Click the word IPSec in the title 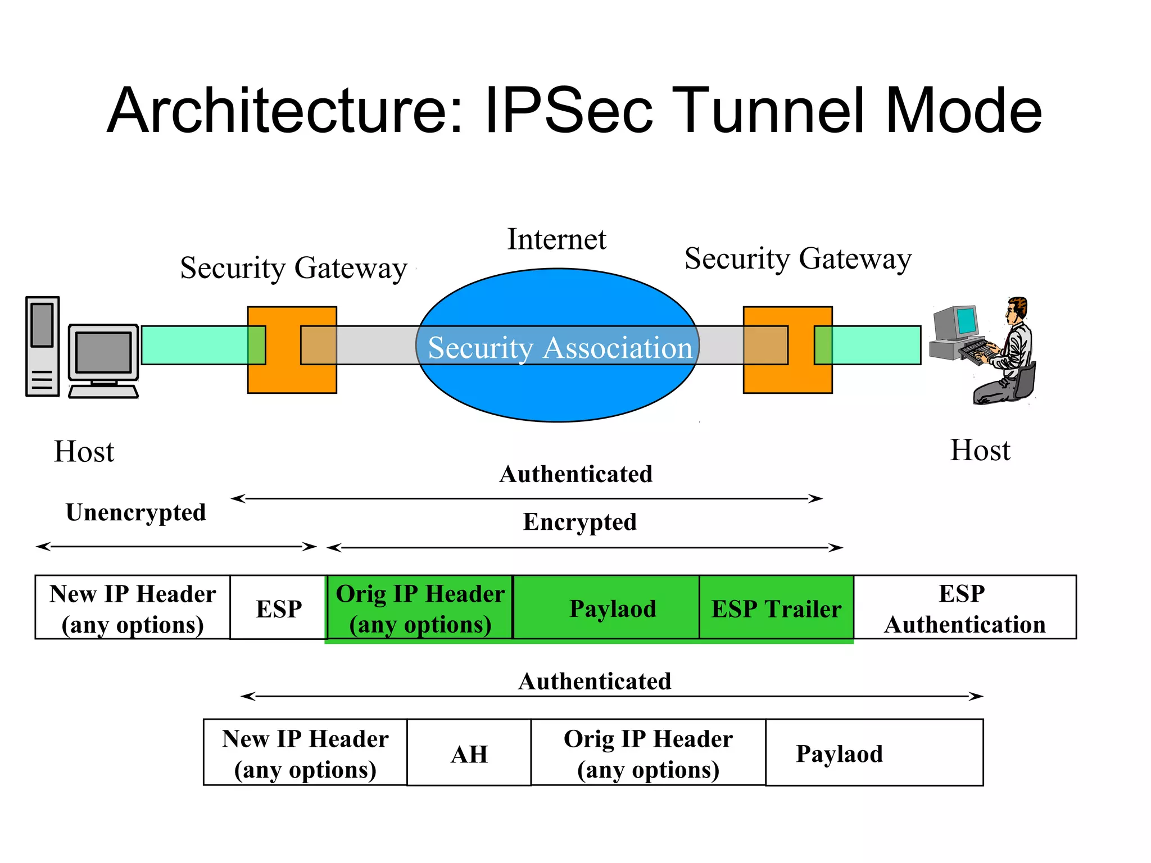pos(568,111)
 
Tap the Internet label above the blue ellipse pos(556,240)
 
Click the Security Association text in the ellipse pos(560,348)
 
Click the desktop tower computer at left pos(42,347)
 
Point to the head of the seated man pos(1016,310)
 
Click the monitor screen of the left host pos(103,352)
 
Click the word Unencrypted pos(135,512)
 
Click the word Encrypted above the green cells pos(579,522)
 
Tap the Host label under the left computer pos(84,452)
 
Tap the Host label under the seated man pos(980,451)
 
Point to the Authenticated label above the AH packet pos(594,682)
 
